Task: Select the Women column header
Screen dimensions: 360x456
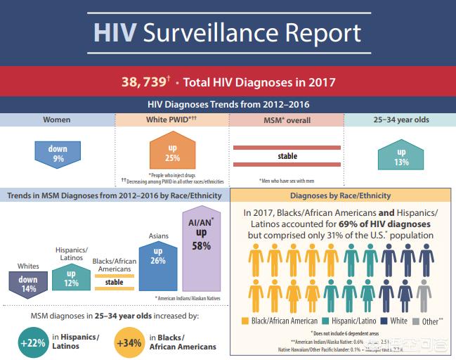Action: coord(57,120)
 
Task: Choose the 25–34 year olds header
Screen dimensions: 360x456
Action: coord(400,120)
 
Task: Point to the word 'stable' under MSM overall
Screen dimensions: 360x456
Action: coord(287,156)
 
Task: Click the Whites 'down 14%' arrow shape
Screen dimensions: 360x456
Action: coord(28,283)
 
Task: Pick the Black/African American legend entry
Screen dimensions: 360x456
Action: coord(280,321)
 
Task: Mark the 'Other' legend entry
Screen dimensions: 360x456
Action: coord(429,321)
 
